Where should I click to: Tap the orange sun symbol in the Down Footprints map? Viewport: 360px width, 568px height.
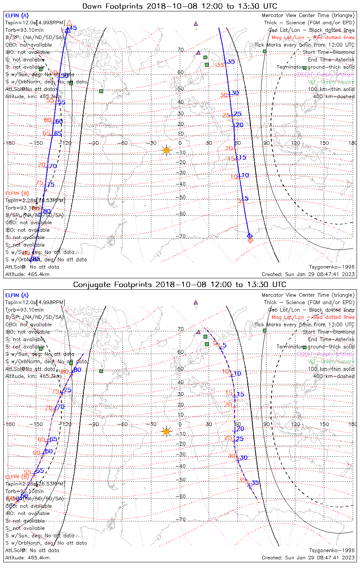point(166,150)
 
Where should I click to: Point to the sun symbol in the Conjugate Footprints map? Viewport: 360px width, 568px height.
point(166,431)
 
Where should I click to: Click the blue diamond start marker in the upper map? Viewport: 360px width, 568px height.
point(249,236)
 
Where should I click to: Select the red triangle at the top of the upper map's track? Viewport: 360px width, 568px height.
point(69,23)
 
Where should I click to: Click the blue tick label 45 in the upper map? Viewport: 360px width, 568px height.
point(73,28)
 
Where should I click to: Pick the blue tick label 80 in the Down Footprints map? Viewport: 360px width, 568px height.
point(47,211)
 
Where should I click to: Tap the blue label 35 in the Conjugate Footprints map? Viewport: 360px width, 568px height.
point(255,483)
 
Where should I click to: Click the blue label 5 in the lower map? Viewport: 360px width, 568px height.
point(225,345)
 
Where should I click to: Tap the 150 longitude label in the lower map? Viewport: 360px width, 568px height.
point(324,424)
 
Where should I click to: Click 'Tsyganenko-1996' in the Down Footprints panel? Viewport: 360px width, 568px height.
point(332,267)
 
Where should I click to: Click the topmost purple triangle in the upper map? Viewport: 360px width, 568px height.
point(196,24)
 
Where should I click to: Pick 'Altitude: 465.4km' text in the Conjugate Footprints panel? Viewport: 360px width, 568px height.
point(28,558)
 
